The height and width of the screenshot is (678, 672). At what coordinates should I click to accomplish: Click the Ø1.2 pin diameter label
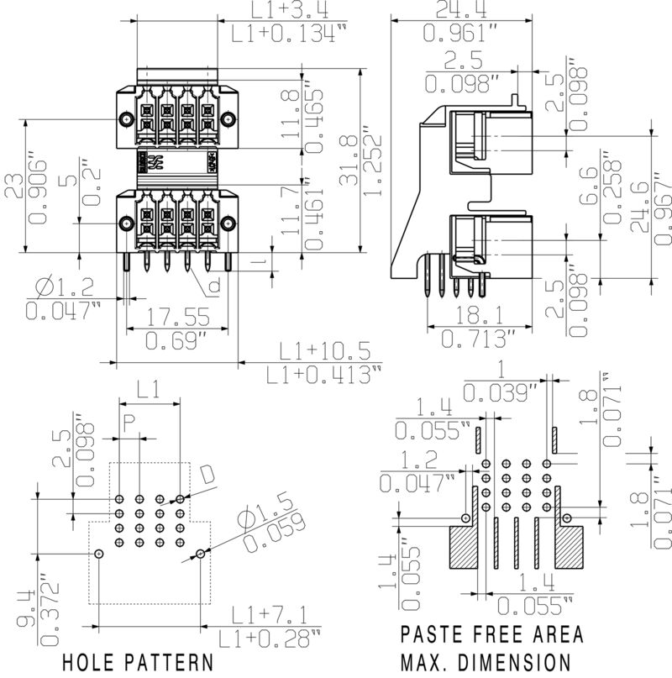64,289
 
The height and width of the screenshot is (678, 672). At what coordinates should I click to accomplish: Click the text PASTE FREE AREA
491,634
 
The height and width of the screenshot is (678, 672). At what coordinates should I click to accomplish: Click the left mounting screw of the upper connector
123,118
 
